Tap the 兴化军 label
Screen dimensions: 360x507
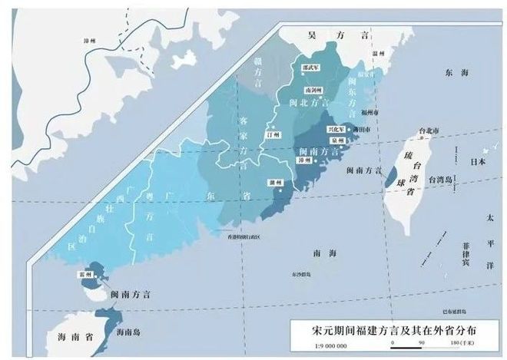336,130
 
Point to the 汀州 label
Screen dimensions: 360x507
270,134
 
